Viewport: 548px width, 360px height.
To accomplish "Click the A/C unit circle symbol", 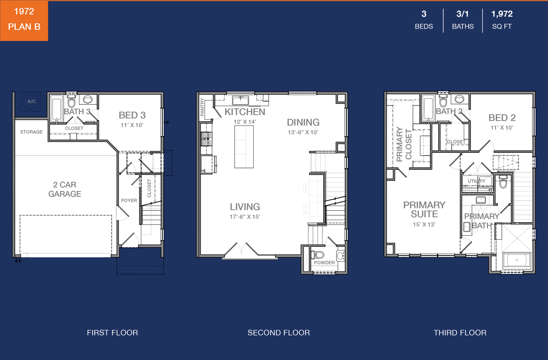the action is click(31, 101).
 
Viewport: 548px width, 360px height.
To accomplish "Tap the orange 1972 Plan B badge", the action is click(24, 21).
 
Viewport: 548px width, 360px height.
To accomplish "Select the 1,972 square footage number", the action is click(502, 14).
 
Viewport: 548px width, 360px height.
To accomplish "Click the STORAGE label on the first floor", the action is click(31, 132).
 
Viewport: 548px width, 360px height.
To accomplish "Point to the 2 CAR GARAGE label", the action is click(65, 189).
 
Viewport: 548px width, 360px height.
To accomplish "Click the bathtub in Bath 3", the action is click(57, 108).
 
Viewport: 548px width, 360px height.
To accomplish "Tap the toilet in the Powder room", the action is click(318, 255).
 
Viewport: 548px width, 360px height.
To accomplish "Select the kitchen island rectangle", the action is click(244, 147).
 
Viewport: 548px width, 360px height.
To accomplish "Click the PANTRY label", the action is click(202, 107).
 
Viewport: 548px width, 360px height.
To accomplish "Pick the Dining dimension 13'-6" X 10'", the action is click(303, 132).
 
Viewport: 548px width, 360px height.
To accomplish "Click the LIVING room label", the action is click(245, 207).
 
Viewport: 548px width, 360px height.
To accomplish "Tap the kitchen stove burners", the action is click(207, 139).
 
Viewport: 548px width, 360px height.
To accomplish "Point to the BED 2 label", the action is click(502, 118).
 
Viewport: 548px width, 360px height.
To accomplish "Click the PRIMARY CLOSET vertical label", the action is click(404, 144).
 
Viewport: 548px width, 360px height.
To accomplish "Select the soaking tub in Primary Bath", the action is click(517, 260).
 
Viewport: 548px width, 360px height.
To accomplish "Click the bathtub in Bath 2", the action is click(428, 108).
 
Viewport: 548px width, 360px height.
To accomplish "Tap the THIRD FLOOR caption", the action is click(460, 333).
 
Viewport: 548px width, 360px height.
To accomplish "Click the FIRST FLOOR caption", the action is click(112, 333).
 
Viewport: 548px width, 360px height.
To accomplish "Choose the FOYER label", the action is click(129, 200).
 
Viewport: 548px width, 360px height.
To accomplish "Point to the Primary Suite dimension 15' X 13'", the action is click(424, 225).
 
